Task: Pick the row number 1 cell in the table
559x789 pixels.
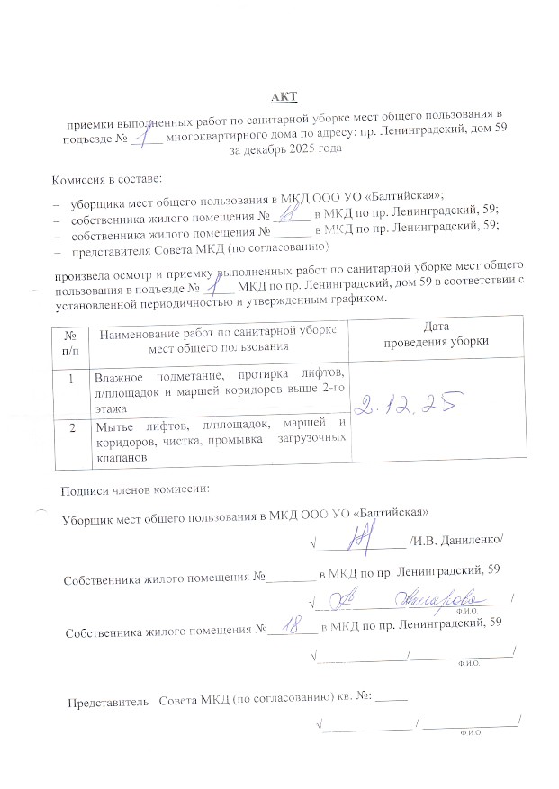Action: pyautogui.click(x=70, y=379)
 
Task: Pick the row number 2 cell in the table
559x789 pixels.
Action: pyautogui.click(x=70, y=427)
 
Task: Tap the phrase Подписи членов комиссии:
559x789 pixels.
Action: pyautogui.click(x=135, y=490)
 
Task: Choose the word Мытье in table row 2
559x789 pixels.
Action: pyautogui.click(x=117, y=426)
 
